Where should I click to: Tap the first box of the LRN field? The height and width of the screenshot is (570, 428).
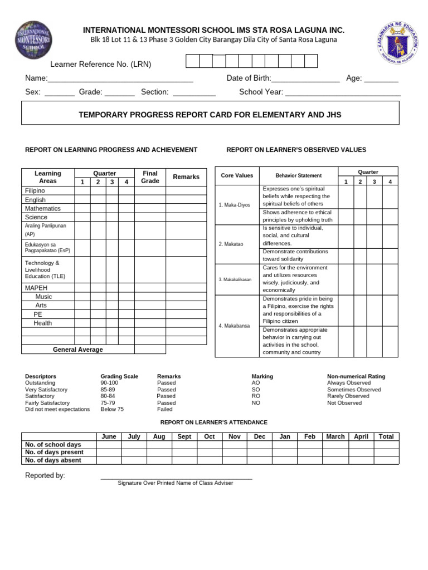192,61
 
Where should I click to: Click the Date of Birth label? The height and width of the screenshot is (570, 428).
249,78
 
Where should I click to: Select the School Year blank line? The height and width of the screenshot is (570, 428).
343,92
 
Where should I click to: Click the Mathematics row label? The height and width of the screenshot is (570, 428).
43,208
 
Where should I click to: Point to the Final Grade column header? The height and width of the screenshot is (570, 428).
150,177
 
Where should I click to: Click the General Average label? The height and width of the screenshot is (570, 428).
77,350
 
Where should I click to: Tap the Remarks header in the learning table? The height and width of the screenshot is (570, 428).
186,177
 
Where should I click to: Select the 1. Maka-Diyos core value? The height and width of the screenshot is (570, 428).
235,205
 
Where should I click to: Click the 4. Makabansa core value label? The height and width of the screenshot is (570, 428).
235,326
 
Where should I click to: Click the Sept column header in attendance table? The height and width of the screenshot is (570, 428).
184,437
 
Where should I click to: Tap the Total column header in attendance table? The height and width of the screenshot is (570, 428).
386,437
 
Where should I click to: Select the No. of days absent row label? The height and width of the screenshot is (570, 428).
53,460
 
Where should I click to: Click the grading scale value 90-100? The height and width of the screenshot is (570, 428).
109,383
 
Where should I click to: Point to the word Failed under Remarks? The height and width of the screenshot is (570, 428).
165,409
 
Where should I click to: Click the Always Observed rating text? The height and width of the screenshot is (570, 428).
349,383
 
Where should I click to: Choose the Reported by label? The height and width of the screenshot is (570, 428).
45,475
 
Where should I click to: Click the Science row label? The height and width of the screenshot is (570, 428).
36,217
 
